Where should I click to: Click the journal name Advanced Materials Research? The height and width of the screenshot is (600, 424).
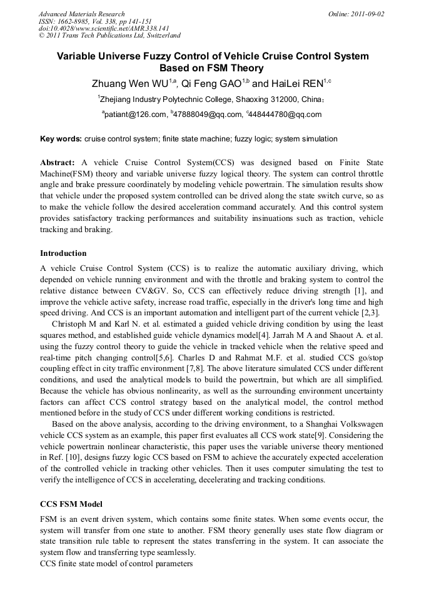click(81, 14)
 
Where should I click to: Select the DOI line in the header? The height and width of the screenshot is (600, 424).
click(104, 28)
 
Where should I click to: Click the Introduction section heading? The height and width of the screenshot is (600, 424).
click(63, 253)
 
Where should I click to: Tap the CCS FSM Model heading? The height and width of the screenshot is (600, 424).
click(71, 504)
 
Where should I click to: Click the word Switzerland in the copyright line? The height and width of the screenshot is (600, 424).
click(161, 36)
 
